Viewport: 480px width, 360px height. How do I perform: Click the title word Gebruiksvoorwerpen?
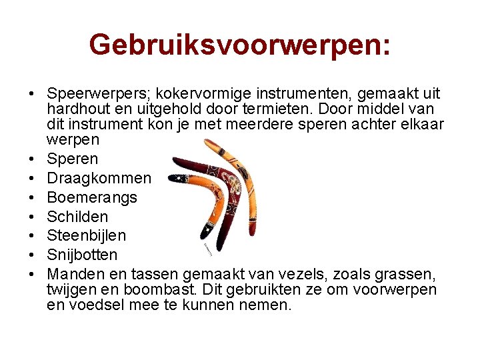(x=237, y=45)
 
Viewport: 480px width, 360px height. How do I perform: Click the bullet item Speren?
(x=72, y=159)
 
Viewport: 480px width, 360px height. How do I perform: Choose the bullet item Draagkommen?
(x=99, y=178)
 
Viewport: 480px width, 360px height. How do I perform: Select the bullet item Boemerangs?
(x=92, y=197)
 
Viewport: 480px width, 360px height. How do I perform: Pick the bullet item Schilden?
(x=77, y=217)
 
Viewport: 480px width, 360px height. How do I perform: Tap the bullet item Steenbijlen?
(x=87, y=235)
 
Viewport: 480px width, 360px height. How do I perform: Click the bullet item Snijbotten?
(x=82, y=255)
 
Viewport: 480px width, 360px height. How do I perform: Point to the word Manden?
(x=73, y=274)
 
